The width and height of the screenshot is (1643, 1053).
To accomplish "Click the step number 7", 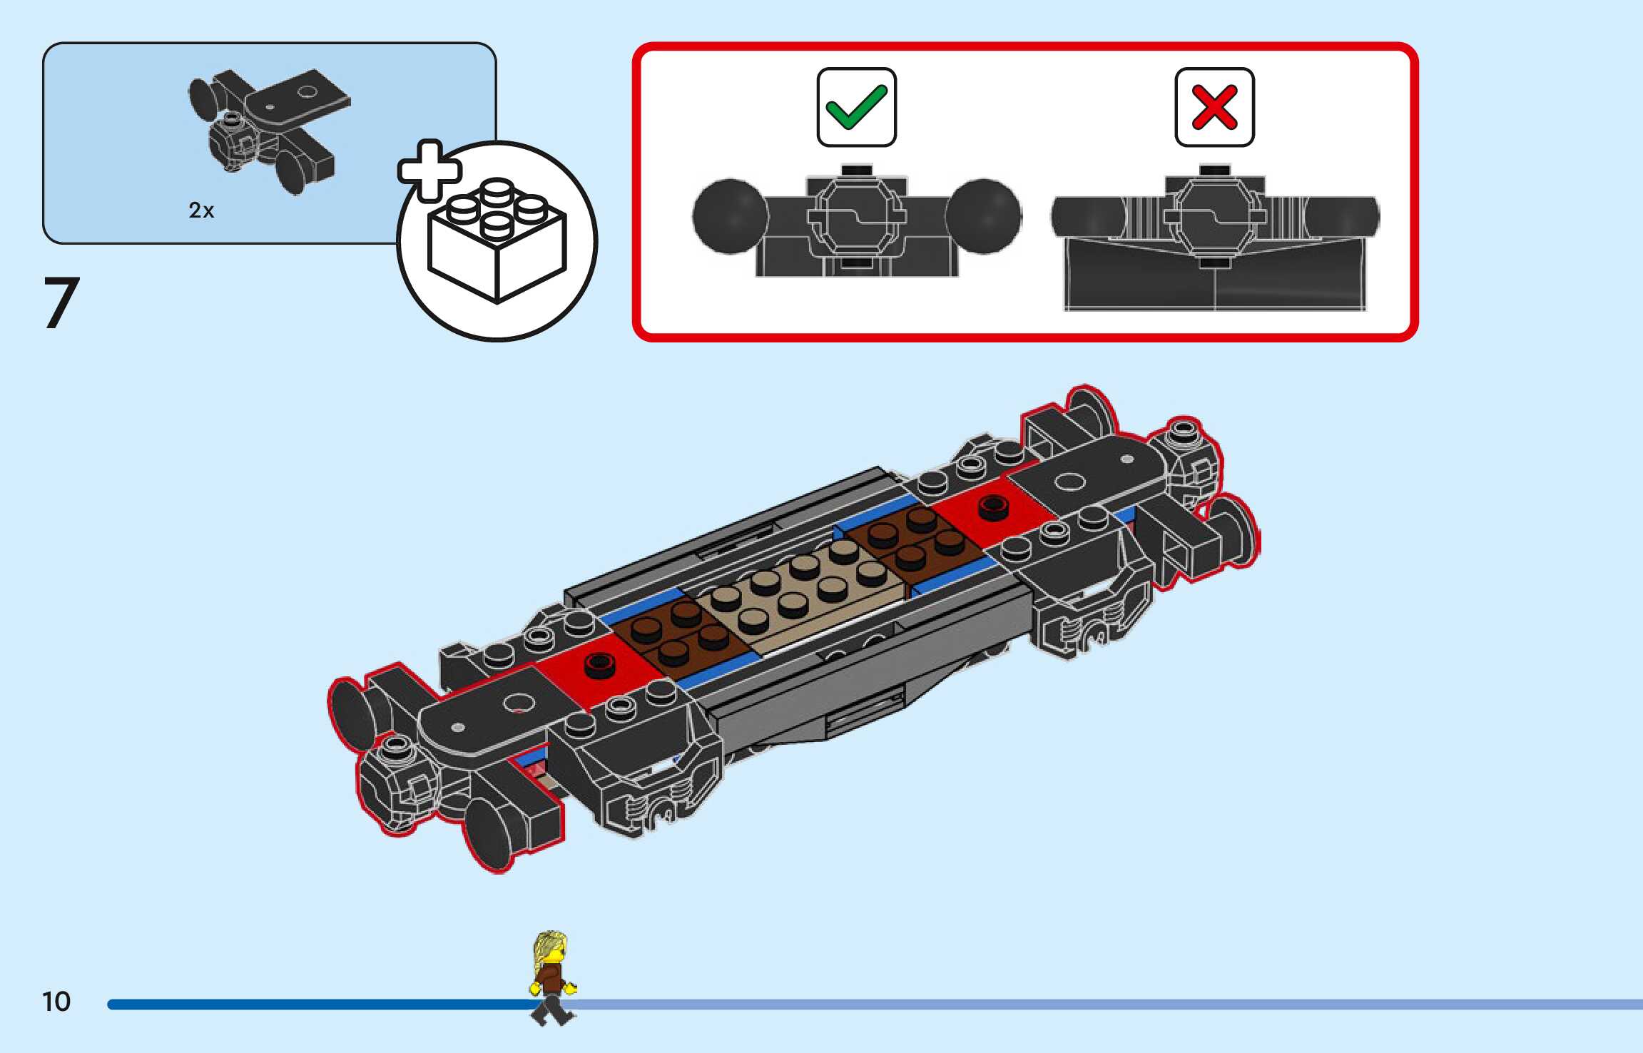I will point(61,303).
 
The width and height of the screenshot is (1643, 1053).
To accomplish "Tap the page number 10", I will point(56,1002).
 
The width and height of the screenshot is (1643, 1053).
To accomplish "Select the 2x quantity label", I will point(201,210).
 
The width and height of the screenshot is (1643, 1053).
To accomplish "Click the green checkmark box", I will point(856,108).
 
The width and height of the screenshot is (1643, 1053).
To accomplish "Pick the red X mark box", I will point(1214,108).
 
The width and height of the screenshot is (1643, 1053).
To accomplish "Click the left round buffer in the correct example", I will point(728,216).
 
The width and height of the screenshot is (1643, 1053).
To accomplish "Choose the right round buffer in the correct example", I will point(983,216).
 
